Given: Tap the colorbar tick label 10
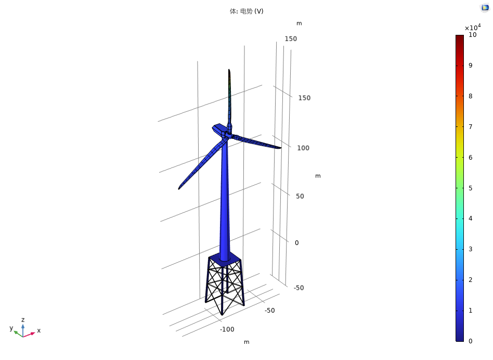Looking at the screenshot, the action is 472,35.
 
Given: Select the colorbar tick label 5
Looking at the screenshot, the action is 470,188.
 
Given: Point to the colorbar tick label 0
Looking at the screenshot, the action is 470,341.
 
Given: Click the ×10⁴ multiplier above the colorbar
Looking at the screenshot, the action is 473,27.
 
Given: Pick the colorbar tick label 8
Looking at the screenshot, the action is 470,96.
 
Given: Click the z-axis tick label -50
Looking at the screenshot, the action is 299,288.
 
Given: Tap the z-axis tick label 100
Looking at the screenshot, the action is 303,148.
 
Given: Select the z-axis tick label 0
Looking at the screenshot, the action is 296,243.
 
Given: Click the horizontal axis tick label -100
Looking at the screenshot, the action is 227,329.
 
